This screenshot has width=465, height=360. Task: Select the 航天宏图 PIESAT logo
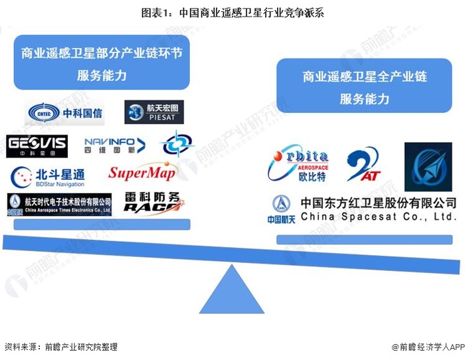coord(154,112)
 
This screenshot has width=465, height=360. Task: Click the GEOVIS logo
coord(37,144)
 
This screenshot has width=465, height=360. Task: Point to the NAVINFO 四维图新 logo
coord(114,144)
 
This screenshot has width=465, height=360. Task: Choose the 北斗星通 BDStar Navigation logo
coord(48,176)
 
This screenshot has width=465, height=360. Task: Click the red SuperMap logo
coord(142,174)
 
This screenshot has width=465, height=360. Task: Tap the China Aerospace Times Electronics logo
coord(59,204)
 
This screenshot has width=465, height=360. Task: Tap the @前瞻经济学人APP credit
coord(424,347)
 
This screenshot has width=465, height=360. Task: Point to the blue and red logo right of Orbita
coord(365,165)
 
